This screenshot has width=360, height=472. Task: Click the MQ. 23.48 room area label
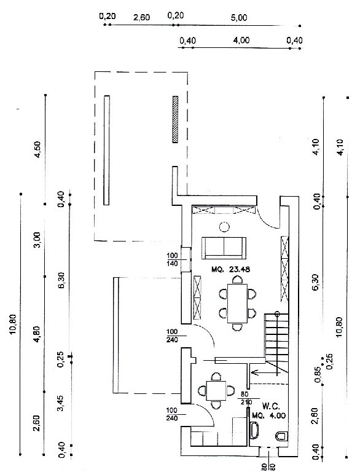coord(230,269)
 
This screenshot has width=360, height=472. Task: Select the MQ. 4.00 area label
coord(268,415)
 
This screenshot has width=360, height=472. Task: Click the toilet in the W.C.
coord(282,436)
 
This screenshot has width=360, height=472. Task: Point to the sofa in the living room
coord(224,248)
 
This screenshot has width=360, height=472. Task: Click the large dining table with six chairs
coord(237,304)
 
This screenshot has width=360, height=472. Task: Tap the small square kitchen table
coord(216,390)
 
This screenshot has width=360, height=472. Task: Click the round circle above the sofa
coord(224,226)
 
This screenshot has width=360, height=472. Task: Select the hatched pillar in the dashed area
coord(175,119)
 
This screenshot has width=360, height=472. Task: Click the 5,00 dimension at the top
coord(239,18)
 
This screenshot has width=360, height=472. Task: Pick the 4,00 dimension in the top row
coord(241,40)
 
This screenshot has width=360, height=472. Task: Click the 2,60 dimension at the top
coord(141,17)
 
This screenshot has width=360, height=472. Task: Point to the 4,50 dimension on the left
coord(38,149)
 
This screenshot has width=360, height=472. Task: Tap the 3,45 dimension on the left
coord(60,403)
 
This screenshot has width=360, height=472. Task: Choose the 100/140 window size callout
coord(172,259)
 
